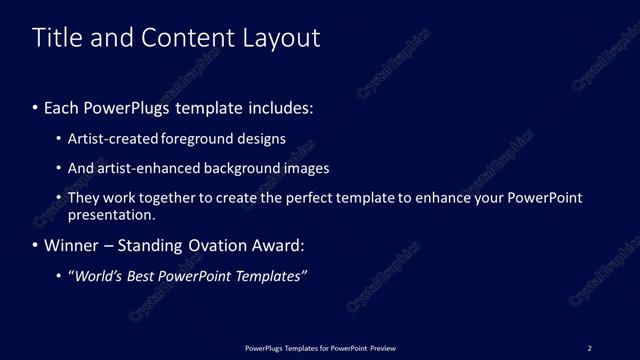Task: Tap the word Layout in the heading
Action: pyautogui.click(x=280, y=38)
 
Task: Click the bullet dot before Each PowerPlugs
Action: pyautogui.click(x=36, y=108)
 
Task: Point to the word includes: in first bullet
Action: pyautogui.click(x=281, y=108)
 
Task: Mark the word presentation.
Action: pyautogui.click(x=111, y=215)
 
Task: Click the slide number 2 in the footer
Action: pyautogui.click(x=589, y=348)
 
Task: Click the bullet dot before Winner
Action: pyautogui.click(x=36, y=245)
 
